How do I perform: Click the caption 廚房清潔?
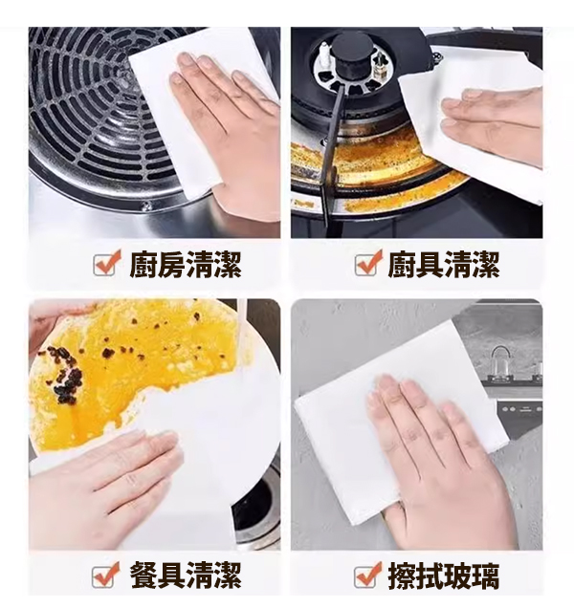186,265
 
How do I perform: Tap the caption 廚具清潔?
444,265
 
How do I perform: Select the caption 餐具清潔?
186,575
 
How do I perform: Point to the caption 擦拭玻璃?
444,575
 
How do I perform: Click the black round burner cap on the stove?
352,55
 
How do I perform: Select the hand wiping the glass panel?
434,458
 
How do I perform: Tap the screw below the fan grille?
146,206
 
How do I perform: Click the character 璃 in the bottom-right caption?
486,575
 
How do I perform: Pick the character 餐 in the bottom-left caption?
143,575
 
